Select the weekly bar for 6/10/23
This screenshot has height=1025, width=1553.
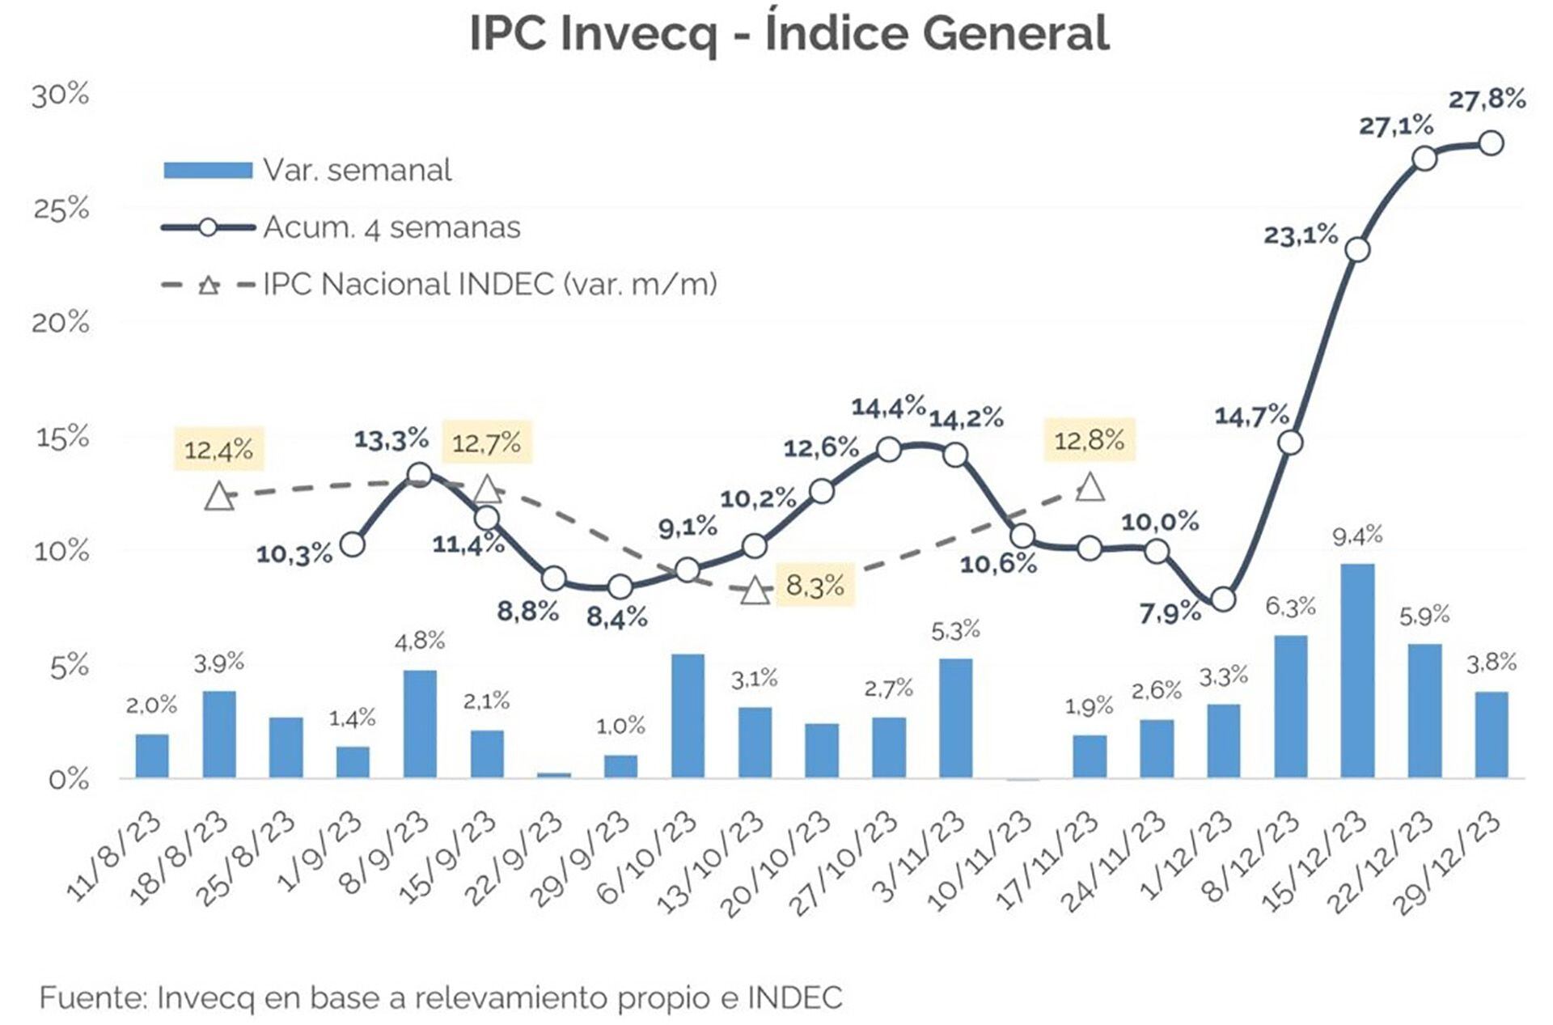[688, 715]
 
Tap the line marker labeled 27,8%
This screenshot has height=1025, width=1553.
[1491, 143]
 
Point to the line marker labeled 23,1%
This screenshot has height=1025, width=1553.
[1358, 249]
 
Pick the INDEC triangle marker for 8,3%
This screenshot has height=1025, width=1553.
[755, 591]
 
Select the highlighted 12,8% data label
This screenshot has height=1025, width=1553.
[1089, 440]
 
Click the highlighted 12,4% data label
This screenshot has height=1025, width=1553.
[218, 450]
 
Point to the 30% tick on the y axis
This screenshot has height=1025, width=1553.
[61, 95]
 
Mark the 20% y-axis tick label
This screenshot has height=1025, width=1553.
[61, 323]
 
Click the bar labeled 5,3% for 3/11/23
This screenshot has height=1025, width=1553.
[955, 718]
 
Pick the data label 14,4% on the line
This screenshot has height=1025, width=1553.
[887, 407]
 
